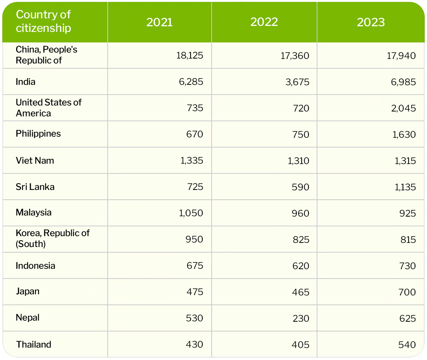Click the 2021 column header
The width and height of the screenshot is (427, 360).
159,22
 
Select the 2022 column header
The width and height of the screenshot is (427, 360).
264,22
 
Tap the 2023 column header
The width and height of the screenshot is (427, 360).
371,22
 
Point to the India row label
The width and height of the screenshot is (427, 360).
26,82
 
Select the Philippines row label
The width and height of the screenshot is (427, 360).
38,134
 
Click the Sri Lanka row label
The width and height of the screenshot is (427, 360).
35,187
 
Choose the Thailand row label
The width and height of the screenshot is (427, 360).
34,345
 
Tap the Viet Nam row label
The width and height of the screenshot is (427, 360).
35,161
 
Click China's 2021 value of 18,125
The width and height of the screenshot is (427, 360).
189,56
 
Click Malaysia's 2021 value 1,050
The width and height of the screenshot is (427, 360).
191,213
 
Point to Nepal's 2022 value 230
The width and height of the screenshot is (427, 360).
301,318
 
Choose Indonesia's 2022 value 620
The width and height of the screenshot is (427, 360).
301,266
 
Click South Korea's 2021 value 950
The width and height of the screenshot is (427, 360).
194,239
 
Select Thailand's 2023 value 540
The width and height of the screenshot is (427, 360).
407,345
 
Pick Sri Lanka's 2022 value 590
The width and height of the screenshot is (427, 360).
301,187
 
